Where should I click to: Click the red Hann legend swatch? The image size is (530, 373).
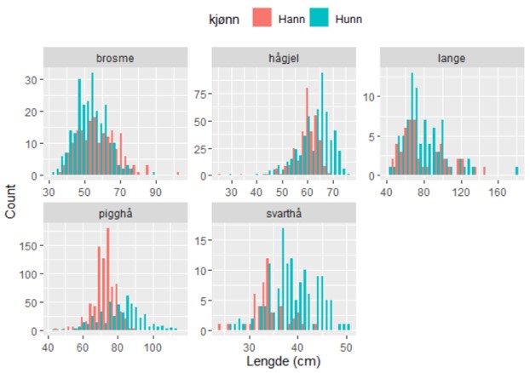pos(262,18)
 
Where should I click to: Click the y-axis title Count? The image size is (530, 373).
pos(11,203)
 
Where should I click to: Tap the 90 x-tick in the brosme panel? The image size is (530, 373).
pos(156,192)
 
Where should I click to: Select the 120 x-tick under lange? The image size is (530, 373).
pos(461,192)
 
